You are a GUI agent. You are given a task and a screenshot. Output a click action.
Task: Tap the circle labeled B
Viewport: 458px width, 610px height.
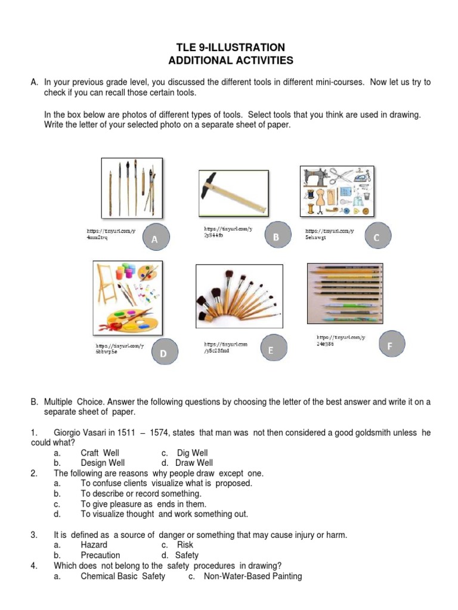(x=276, y=237)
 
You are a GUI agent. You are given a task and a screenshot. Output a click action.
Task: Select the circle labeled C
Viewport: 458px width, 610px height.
(x=376, y=238)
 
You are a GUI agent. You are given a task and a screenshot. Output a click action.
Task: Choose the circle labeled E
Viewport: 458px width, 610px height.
(x=270, y=351)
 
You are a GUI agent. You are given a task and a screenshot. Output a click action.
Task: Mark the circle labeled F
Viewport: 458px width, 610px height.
(x=390, y=345)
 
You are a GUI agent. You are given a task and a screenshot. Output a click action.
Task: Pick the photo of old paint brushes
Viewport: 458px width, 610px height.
(x=132, y=188)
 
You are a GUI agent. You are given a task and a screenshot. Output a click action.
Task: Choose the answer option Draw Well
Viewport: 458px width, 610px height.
(x=194, y=463)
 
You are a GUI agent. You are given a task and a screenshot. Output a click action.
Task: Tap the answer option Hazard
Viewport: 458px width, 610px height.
(x=94, y=544)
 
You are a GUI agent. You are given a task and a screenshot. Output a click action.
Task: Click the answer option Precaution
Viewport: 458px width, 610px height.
(x=100, y=555)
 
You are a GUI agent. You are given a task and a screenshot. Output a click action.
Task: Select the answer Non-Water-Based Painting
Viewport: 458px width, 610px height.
(x=253, y=576)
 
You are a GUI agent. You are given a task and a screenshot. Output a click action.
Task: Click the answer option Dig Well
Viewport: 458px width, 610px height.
(x=192, y=453)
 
